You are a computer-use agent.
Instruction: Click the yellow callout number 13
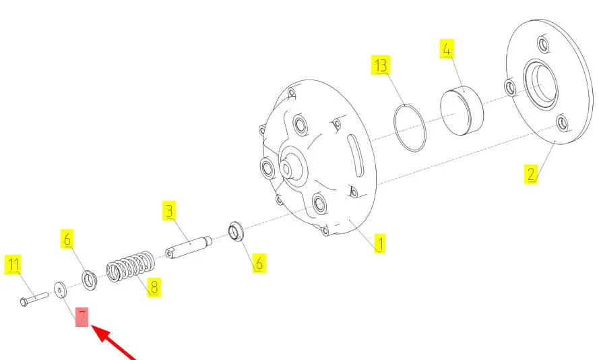(381, 65)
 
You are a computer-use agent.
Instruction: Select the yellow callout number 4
(447, 49)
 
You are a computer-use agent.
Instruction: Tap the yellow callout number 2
(531, 174)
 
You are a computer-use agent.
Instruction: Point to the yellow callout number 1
(379, 243)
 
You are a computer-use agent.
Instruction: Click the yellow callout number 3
(169, 210)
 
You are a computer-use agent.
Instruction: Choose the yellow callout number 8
(154, 287)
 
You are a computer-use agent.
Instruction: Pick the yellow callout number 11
(13, 264)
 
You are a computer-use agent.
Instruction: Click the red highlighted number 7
(82, 318)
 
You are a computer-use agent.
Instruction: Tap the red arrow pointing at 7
(113, 342)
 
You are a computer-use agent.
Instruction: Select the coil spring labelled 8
(131, 266)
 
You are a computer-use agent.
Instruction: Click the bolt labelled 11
(34, 299)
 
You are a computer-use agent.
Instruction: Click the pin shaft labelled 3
(189, 247)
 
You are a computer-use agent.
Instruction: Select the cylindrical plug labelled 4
(462, 111)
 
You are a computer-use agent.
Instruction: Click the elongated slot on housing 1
(354, 156)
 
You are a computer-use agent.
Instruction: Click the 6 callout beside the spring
(67, 239)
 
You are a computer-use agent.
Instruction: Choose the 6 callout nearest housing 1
(259, 263)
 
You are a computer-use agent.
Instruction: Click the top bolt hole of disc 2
(544, 44)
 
